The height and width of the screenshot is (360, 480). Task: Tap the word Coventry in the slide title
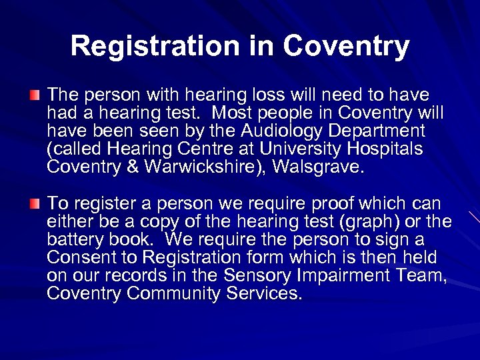point(346,46)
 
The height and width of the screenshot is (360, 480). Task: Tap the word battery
point(76,239)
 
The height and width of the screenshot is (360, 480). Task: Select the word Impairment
point(352,275)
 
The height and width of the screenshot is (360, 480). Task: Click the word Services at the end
point(267,293)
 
